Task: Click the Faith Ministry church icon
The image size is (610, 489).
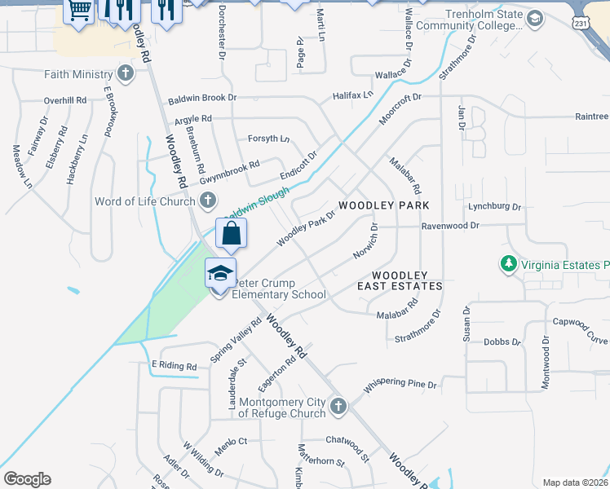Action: click(125, 75)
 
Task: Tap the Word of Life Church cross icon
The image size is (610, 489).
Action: click(208, 200)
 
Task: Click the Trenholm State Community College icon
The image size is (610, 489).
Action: click(535, 20)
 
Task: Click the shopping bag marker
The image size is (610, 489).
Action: click(232, 233)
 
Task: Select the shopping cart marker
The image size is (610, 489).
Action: click(80, 11)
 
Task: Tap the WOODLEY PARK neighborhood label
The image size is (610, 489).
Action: click(383, 205)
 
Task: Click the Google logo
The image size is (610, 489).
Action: click(27, 479)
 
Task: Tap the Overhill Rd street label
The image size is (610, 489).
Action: click(65, 100)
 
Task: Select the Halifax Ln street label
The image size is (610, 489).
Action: click(352, 95)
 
